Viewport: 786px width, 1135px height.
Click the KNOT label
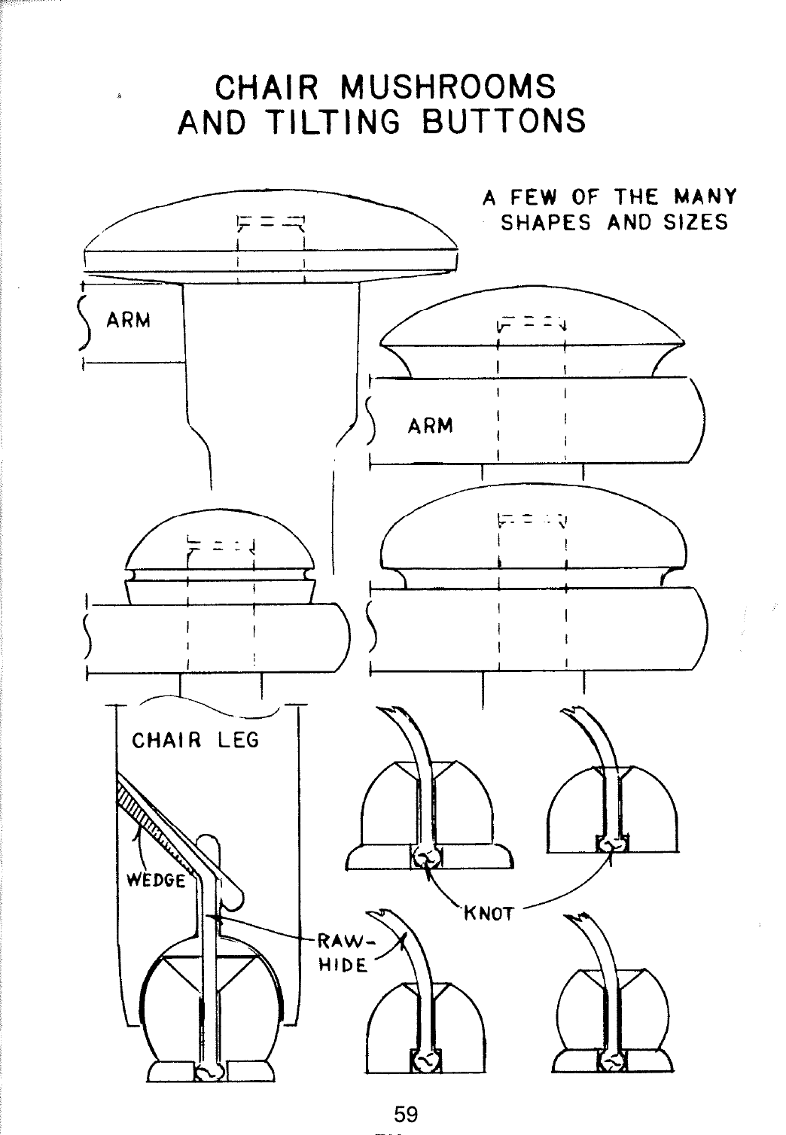coord(488,914)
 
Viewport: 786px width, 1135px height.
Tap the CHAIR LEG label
coord(195,741)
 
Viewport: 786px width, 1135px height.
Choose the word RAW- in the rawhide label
coord(343,942)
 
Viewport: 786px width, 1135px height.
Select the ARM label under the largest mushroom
coord(129,321)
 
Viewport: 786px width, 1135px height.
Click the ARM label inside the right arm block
coord(431,426)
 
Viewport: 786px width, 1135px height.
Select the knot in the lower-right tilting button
coord(613,1061)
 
